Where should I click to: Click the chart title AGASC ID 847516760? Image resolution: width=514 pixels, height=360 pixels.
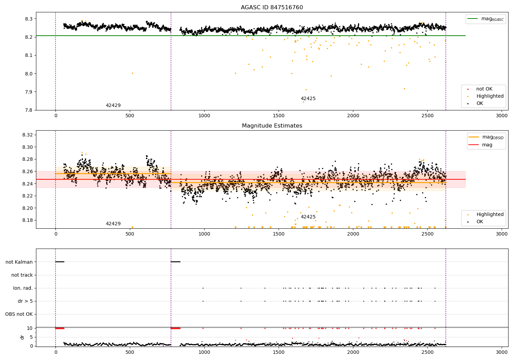(x=272, y=8)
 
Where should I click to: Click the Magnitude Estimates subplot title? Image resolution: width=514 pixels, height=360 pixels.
(x=272, y=126)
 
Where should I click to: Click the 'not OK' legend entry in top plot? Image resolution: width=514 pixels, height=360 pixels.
(x=484, y=89)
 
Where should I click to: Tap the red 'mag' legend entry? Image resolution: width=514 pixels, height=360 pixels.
(x=487, y=145)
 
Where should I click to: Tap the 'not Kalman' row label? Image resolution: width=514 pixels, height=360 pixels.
(x=19, y=262)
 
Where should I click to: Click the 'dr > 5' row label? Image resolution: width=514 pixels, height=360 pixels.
(x=25, y=301)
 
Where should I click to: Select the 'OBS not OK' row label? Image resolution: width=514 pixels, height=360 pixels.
(x=19, y=314)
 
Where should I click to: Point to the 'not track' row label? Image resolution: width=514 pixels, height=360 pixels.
(x=22, y=275)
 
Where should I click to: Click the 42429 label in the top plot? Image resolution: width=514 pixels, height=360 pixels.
(x=113, y=106)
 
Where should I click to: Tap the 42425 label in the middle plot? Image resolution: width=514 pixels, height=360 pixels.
(x=308, y=217)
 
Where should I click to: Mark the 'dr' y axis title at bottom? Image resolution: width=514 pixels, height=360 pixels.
(x=22, y=337)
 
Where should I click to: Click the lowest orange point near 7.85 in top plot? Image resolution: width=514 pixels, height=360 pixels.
(x=303, y=102)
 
